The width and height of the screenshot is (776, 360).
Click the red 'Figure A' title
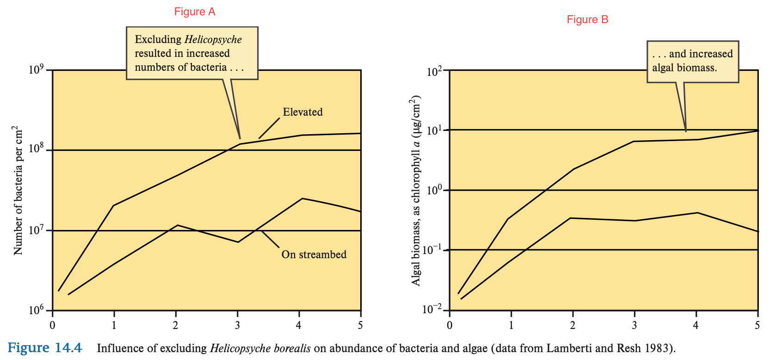coord(195,12)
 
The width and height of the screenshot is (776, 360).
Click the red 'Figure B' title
coord(587,19)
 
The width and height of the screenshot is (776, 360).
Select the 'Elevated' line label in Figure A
coord(302,112)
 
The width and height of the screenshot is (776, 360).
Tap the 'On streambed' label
coord(314,254)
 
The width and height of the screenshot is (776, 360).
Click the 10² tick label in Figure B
coord(434,71)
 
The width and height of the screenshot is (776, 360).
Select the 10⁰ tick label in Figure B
coord(434,190)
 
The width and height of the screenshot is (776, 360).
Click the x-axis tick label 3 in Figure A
coord(238,325)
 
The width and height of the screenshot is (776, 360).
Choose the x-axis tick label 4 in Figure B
coord(696,325)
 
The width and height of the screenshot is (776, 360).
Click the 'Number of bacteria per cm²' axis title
coord(18,190)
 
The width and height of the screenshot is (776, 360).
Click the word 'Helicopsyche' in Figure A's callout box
coord(213,40)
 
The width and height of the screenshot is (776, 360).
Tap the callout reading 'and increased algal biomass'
coord(692,61)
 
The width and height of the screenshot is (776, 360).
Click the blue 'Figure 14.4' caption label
coord(45,348)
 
